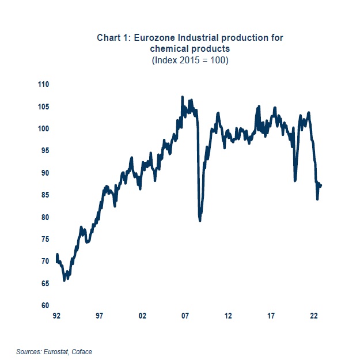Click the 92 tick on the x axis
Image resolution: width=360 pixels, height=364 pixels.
[56, 316]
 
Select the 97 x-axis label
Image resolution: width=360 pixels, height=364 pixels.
[100, 316]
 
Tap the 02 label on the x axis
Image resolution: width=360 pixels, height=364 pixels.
[142, 316]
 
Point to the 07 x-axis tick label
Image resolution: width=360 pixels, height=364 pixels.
[185, 316]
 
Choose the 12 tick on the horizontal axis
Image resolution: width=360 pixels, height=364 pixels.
[229, 316]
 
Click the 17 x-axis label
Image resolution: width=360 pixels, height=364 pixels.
[271, 316]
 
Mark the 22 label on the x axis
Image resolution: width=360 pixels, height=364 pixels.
[314, 316]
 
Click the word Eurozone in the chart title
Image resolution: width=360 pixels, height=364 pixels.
[150, 38]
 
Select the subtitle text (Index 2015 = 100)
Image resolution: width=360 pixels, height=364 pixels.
[190, 60]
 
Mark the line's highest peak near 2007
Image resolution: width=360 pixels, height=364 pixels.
[183, 97]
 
